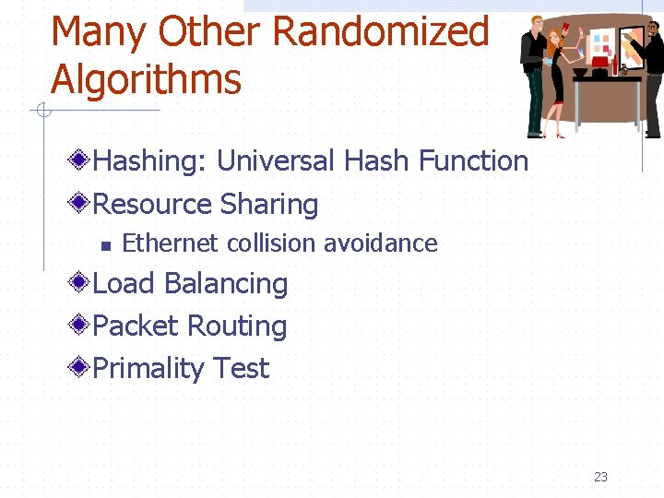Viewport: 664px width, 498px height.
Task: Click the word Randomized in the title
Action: pyautogui.click(x=381, y=31)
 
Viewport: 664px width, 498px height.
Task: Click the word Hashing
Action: pyautogui.click(x=150, y=161)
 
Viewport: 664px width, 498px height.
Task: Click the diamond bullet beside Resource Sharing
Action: pyautogui.click(x=81, y=203)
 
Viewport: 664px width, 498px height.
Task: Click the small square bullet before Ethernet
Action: pyautogui.click(x=105, y=245)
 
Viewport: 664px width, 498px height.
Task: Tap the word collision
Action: pyautogui.click(x=266, y=243)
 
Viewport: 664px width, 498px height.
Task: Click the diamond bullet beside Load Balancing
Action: pyautogui.click(x=81, y=282)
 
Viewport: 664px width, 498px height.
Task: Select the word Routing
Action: pyautogui.click(x=237, y=326)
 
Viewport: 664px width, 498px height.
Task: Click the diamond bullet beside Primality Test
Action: pyautogui.click(x=81, y=367)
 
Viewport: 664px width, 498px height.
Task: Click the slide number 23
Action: pyautogui.click(x=600, y=477)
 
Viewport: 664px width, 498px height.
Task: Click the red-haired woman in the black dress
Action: pyautogui.click(x=557, y=78)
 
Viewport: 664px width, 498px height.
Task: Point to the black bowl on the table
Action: pyautogui.click(x=579, y=71)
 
